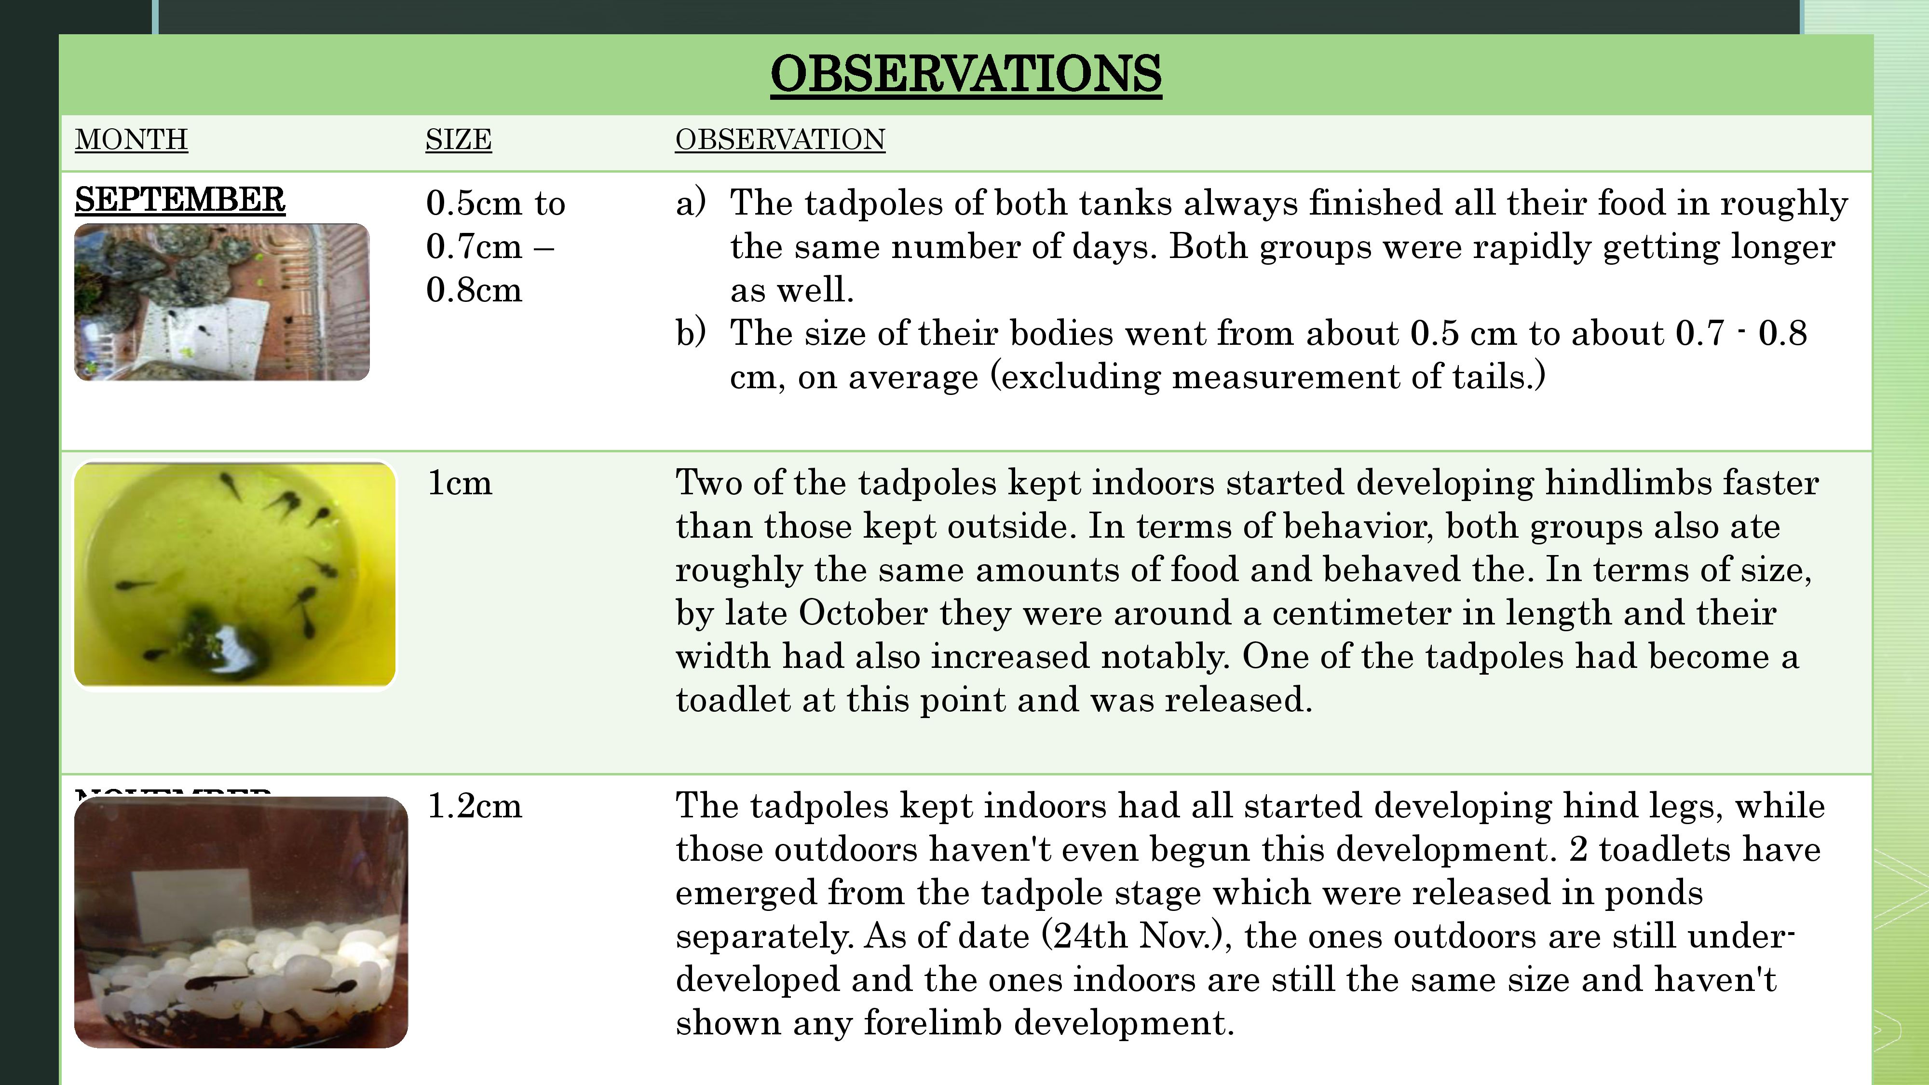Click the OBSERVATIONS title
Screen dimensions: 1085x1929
(x=965, y=74)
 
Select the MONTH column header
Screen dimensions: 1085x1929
(x=131, y=140)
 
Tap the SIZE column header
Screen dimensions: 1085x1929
(x=458, y=140)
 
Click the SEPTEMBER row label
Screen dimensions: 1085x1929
(x=180, y=200)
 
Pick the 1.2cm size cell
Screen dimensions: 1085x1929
(x=474, y=806)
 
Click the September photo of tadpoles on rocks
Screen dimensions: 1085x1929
(x=222, y=302)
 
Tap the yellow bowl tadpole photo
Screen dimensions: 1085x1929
(x=234, y=574)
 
